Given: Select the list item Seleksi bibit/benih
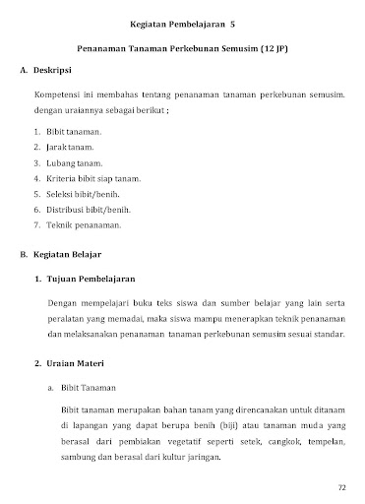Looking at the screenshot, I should (x=88, y=194).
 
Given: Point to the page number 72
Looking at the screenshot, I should (x=341, y=487).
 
